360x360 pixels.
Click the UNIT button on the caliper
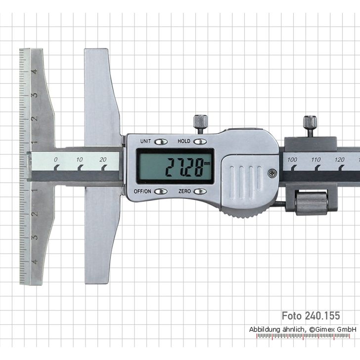point(161,141)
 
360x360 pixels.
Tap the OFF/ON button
point(161,191)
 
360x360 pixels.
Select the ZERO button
point(200,191)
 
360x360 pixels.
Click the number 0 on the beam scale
point(56,159)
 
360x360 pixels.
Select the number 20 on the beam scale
point(103,159)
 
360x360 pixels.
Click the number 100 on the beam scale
point(292,159)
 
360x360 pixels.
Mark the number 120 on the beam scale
point(339,159)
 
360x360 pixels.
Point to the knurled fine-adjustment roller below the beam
point(311,203)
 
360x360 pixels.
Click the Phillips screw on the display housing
point(271,173)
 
